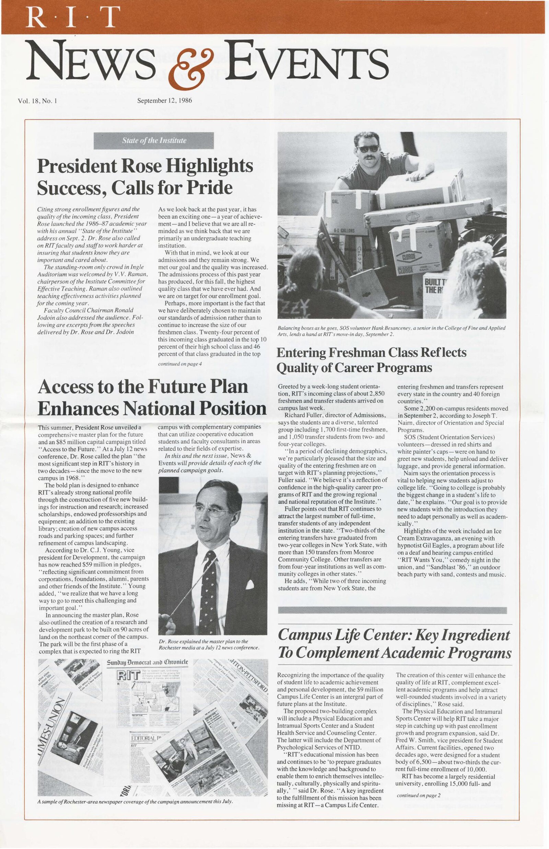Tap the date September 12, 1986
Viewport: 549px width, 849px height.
[x=165, y=101]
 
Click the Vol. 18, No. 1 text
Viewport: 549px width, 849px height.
[x=37, y=101]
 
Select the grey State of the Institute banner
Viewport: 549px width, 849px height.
[x=154, y=140]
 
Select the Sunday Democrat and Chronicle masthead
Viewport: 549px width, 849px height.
[x=147, y=663]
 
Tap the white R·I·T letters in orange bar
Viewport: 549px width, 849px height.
[x=71, y=17]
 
